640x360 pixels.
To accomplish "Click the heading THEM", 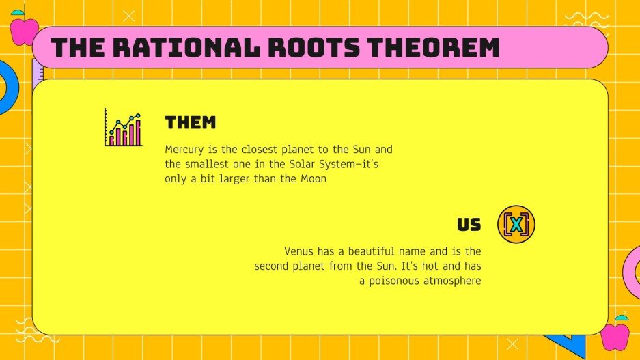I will [x=191, y=123].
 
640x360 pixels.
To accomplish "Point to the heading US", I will [x=469, y=225].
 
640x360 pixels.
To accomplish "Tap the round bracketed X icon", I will [x=516, y=225].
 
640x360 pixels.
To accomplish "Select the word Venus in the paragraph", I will [x=299, y=251].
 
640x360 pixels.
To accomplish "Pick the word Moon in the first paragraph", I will [x=314, y=179].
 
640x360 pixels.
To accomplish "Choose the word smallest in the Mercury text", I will [x=206, y=164].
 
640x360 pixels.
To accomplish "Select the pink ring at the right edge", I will [x=632, y=274].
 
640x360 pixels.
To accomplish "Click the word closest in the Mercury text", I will [x=260, y=149].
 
